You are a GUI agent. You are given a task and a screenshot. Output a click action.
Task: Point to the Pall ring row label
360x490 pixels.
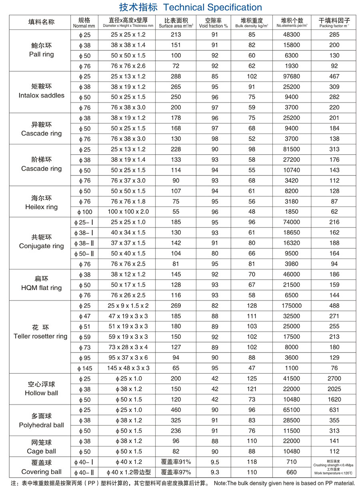tap(41, 54)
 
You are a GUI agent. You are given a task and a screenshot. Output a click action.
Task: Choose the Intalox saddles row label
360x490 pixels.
tap(41, 95)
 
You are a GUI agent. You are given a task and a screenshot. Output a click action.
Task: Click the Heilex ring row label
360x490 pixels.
tap(41, 207)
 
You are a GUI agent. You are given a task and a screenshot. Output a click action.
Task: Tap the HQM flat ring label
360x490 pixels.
tap(41, 288)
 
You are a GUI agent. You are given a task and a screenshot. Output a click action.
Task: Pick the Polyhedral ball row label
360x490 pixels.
tap(41, 425)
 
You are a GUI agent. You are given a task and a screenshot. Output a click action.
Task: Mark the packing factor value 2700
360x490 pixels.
tap(334, 378)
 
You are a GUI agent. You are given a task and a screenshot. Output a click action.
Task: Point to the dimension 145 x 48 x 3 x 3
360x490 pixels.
tap(128, 368)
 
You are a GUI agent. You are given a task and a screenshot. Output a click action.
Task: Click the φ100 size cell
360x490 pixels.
tap(84, 212)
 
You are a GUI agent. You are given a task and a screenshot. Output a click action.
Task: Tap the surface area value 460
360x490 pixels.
tap(176, 410)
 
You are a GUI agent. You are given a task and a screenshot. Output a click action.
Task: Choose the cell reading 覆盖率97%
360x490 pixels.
tap(176, 472)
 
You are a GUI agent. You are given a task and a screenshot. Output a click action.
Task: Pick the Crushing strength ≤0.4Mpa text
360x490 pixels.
tap(334, 465)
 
